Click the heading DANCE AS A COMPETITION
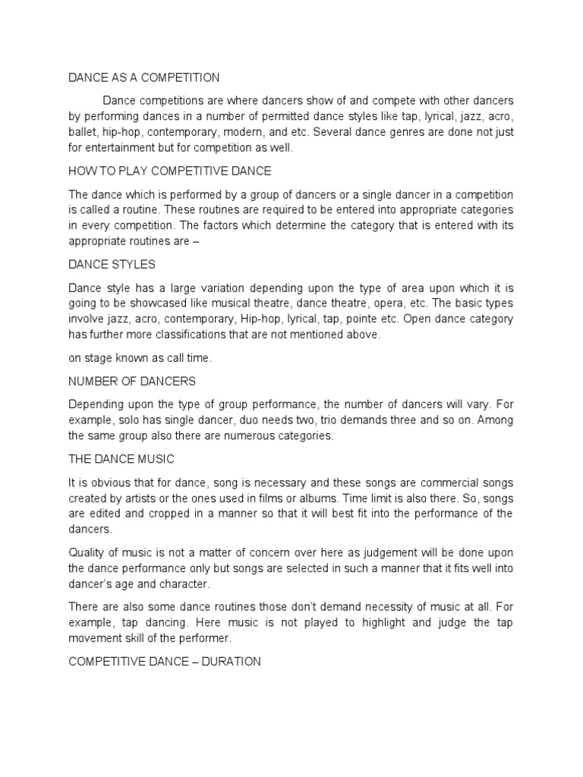144,77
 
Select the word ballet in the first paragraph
83,131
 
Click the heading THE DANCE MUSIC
122,459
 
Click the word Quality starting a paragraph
88,552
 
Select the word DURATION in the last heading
227,662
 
